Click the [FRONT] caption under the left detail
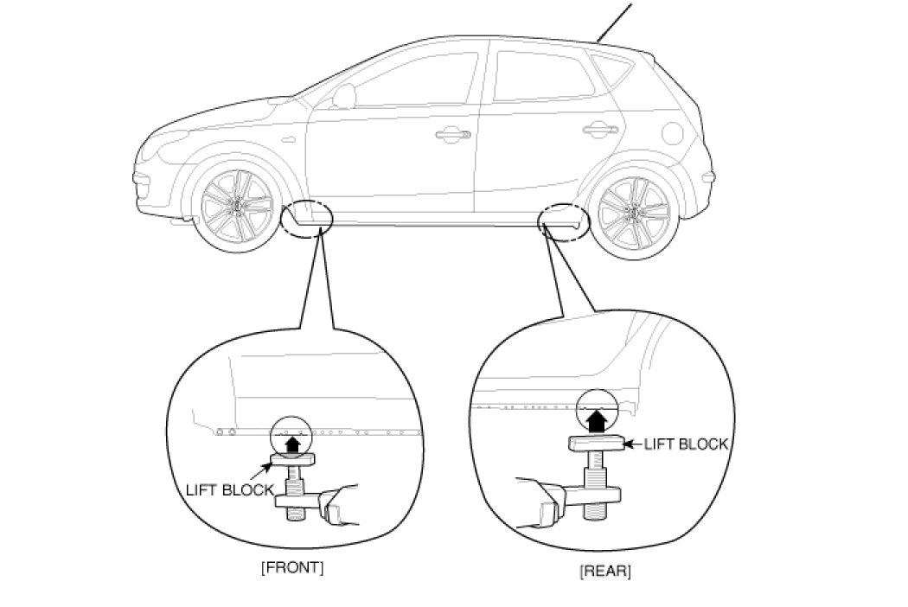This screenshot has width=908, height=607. click(x=291, y=568)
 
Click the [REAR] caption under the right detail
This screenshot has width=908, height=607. click(x=604, y=571)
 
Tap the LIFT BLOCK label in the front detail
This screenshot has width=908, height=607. click(x=230, y=489)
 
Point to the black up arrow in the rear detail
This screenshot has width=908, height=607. click(x=596, y=421)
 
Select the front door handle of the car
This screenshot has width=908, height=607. click(x=451, y=134)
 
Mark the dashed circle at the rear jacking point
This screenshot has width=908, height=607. click(x=564, y=220)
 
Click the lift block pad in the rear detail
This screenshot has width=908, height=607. click(x=597, y=444)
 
